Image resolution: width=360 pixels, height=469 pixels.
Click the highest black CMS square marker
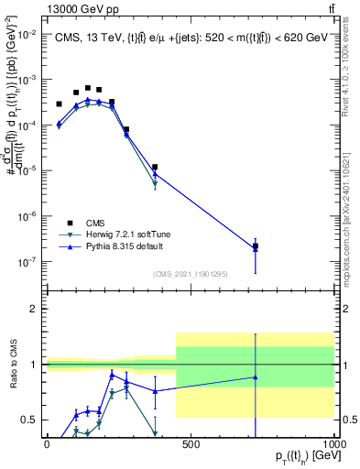[88, 89]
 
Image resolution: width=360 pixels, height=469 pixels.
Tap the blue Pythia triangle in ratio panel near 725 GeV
[256, 376]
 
